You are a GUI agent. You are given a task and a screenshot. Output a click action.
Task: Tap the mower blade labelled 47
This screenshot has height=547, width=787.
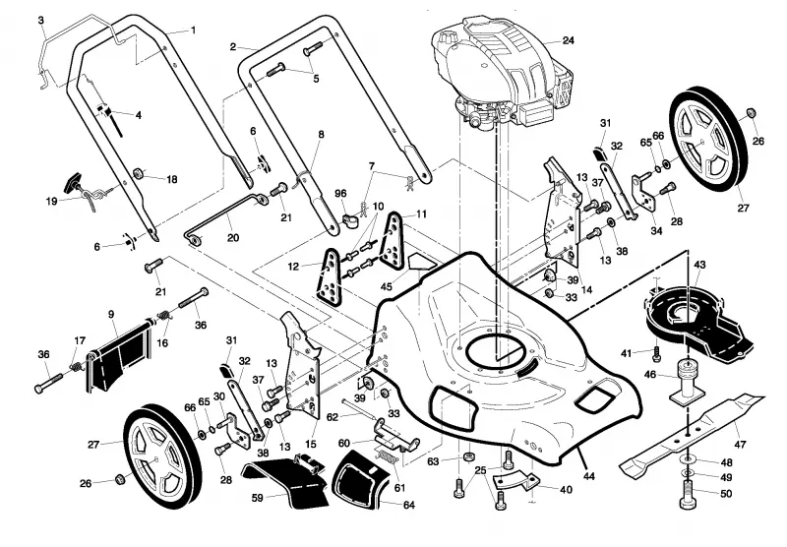pos(693,434)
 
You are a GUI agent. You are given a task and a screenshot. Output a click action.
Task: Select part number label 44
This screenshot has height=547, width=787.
pos(588,476)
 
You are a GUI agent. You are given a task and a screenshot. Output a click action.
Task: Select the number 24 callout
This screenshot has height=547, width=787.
pos(568,40)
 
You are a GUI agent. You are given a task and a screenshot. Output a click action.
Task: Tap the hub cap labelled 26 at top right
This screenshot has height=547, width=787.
pos(752,112)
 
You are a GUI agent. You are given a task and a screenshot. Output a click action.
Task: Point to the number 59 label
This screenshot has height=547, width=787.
pos(258,498)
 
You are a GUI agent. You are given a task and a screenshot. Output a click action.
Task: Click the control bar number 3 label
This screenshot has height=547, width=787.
pos(41,21)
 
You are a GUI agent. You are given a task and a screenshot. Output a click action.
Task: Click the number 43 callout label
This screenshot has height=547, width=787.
pos(699,265)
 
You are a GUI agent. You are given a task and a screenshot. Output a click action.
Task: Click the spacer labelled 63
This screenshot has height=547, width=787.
pos(469,456)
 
